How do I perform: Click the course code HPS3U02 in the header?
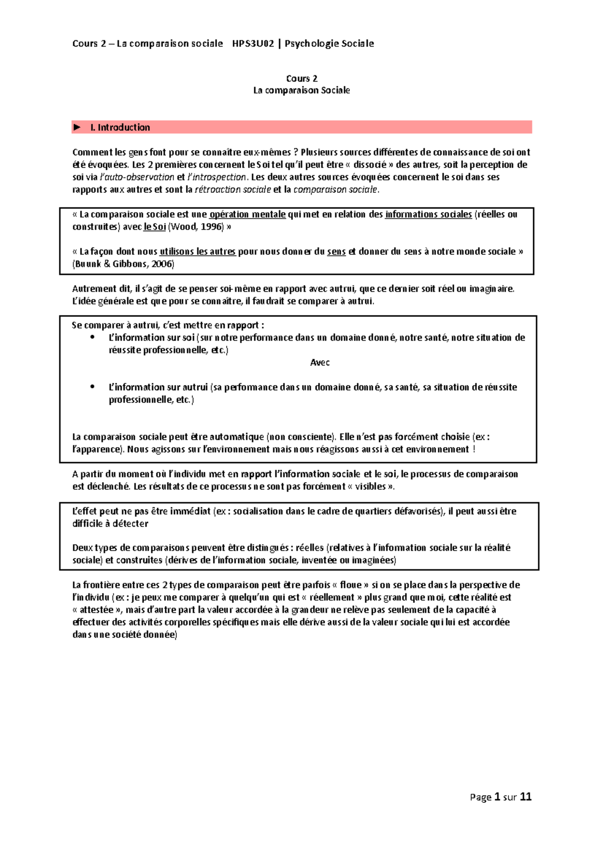[x=253, y=44]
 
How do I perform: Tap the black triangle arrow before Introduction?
[x=77, y=128]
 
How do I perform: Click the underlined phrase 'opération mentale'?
[x=247, y=215]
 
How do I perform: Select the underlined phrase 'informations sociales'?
[x=428, y=215]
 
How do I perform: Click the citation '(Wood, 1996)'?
[x=196, y=227]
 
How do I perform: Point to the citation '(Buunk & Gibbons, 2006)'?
[x=124, y=264]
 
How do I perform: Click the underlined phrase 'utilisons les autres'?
[x=197, y=252]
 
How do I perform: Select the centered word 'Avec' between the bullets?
[x=320, y=363]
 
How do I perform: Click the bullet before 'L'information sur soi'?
[x=92, y=338]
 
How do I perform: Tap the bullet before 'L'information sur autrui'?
[x=92, y=387]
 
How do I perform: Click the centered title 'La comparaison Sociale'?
[x=301, y=90]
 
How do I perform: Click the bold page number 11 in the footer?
[x=526, y=797]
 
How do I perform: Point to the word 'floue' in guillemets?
[x=351, y=585]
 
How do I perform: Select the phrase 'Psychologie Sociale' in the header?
[x=329, y=44]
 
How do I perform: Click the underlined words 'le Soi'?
[x=155, y=227]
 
